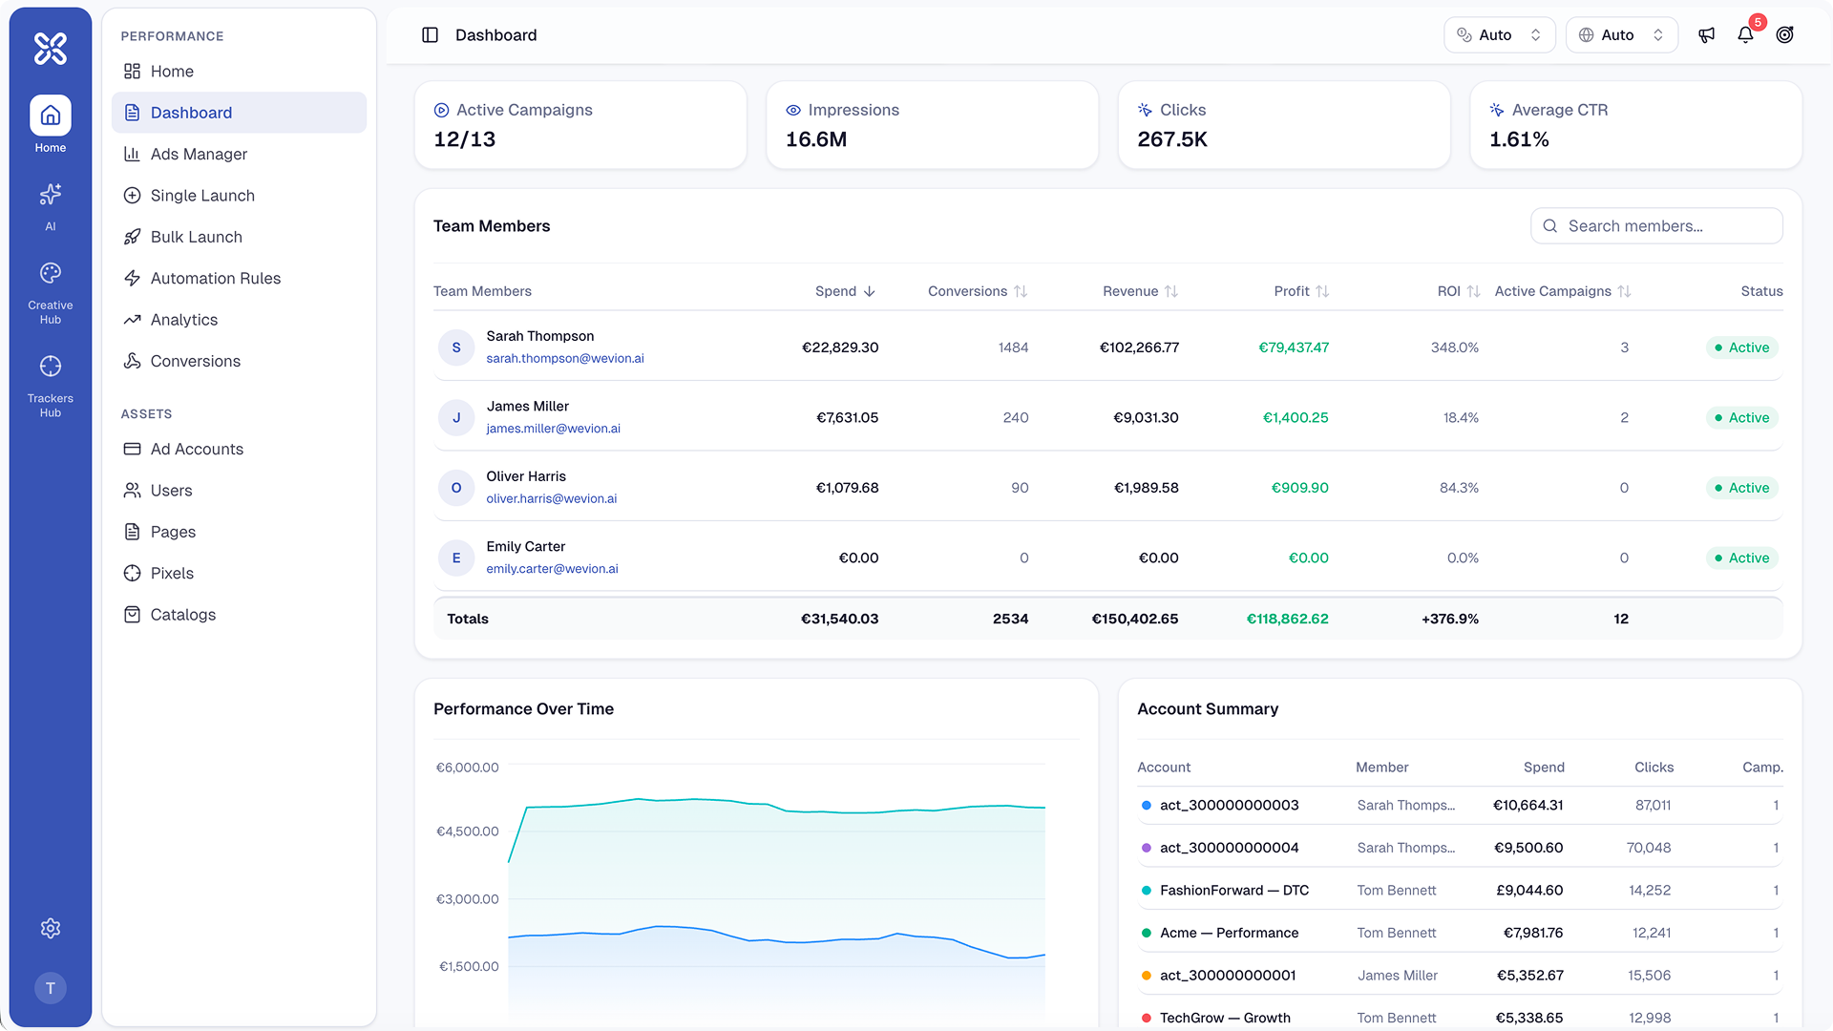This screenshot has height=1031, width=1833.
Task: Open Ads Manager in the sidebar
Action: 199,154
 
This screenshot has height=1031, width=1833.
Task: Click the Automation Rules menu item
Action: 215,278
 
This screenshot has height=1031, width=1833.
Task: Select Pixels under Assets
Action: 172,573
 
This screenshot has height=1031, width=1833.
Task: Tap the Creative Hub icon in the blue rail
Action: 51,274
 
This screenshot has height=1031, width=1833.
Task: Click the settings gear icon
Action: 51,928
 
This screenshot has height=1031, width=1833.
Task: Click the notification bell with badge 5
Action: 1745,35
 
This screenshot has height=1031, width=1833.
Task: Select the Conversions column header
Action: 967,291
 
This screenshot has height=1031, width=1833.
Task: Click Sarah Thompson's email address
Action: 565,359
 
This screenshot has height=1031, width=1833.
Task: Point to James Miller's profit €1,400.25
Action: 1296,418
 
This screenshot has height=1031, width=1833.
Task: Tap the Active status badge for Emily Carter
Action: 1742,558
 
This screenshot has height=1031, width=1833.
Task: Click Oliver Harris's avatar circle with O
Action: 456,488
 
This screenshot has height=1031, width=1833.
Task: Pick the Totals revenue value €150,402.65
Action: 1135,619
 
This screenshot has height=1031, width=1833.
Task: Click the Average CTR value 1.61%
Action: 1519,139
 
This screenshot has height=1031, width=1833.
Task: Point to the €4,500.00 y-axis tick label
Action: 468,831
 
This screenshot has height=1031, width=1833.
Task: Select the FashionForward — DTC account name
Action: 1233,891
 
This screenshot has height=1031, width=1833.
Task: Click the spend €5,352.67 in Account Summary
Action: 1529,976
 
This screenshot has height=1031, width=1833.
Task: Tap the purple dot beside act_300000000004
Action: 1147,848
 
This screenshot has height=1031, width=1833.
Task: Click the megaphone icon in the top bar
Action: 1707,35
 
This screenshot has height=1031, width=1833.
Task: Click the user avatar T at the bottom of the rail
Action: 51,988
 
